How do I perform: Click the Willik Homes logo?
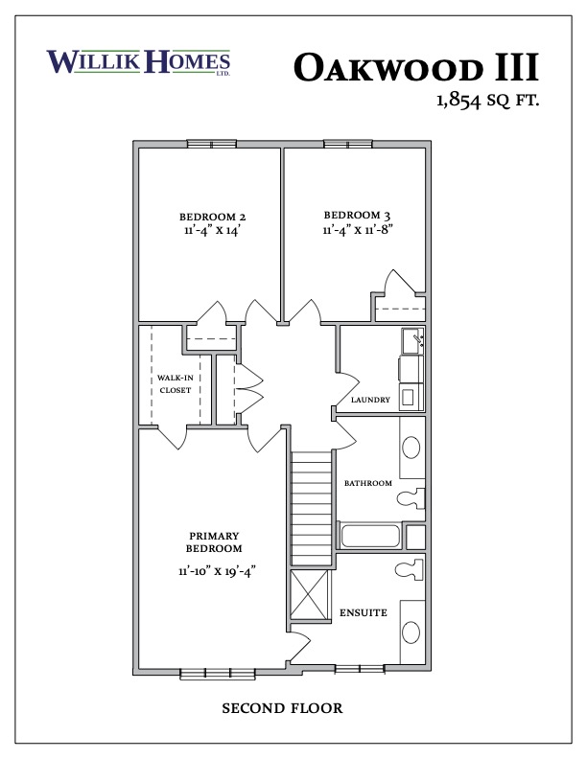138,62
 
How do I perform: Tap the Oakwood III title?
416,67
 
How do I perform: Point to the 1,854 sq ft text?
487,101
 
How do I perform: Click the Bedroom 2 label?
213,217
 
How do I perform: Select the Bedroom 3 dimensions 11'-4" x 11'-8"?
358,229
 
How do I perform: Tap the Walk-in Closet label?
176,384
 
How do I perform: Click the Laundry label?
370,400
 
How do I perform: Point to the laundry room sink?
412,340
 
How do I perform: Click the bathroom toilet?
411,498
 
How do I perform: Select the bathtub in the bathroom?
370,536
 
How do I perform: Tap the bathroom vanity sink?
411,448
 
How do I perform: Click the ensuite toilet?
410,569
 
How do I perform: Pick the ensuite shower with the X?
310,594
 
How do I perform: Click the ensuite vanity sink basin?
411,632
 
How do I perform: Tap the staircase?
311,508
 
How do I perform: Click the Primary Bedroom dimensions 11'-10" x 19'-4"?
217,571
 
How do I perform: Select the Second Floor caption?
282,708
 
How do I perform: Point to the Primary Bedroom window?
218,674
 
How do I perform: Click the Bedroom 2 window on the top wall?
212,144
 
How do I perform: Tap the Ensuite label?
364,612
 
